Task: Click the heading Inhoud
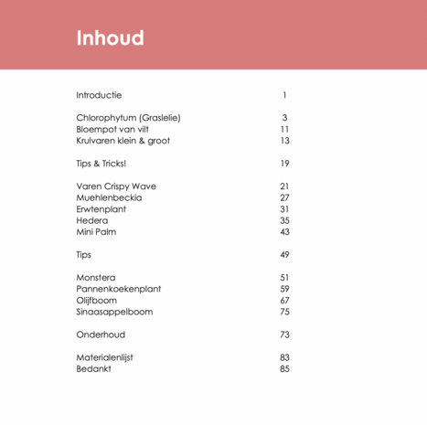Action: (x=110, y=38)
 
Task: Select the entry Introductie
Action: (x=99, y=95)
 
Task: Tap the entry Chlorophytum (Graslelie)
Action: (x=128, y=118)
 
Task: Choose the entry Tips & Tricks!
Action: (x=101, y=164)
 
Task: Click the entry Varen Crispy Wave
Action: (x=116, y=186)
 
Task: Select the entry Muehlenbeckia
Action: (x=106, y=197)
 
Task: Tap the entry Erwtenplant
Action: (x=101, y=209)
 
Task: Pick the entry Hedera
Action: (x=91, y=220)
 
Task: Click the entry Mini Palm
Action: (x=96, y=232)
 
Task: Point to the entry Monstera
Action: (x=95, y=278)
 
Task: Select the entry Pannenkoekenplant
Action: (x=118, y=289)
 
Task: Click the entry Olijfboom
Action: (x=97, y=301)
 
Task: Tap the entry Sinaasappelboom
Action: (x=114, y=312)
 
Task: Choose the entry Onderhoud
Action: (x=101, y=335)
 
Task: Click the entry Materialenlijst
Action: (x=104, y=357)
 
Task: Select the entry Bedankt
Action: (x=93, y=369)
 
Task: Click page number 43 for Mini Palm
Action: (x=284, y=232)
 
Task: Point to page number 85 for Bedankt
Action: (x=284, y=369)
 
